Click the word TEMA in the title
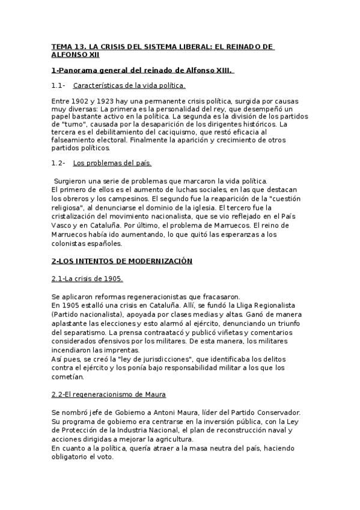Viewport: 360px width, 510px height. [x=61, y=46]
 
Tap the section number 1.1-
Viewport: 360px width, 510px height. [x=58, y=85]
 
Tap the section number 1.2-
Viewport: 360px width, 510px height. [x=58, y=163]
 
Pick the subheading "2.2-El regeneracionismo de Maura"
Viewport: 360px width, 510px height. [x=109, y=394]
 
